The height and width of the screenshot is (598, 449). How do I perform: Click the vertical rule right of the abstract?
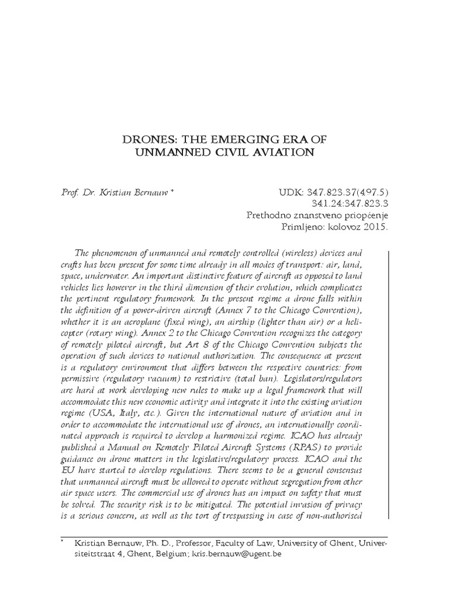pyautogui.click(x=389, y=385)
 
